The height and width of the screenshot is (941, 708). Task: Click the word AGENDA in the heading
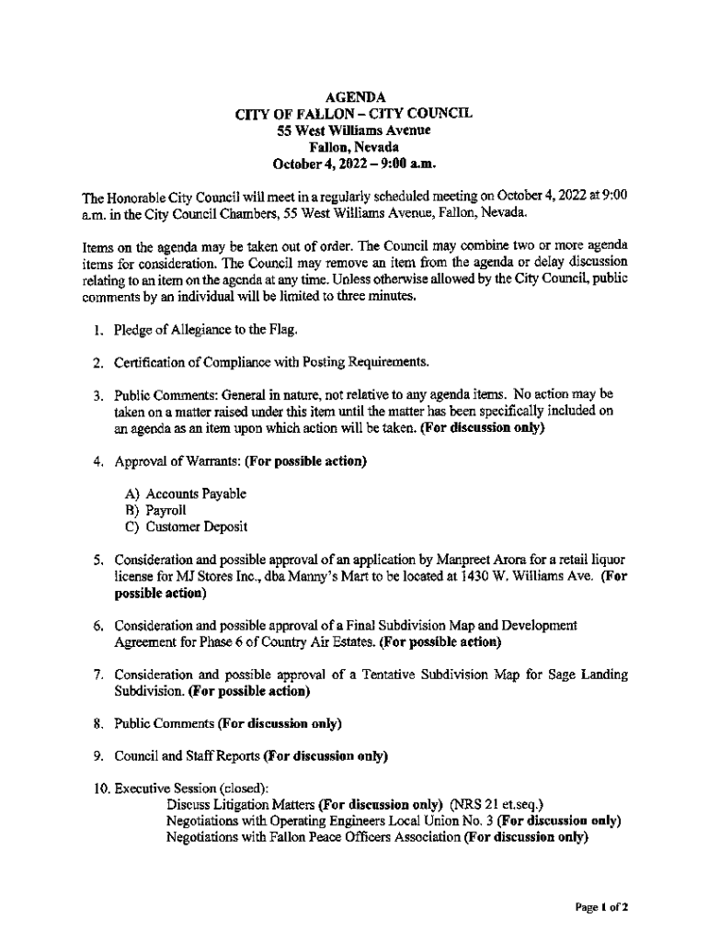coord(354,97)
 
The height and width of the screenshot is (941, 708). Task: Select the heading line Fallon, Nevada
coord(354,147)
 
